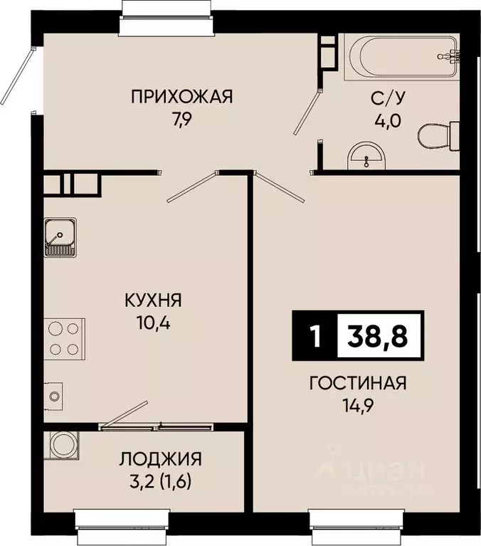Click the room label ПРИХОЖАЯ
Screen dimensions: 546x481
click(x=182, y=96)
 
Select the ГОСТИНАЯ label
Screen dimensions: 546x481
click(x=357, y=384)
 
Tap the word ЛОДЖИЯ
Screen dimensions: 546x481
click(x=160, y=458)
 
